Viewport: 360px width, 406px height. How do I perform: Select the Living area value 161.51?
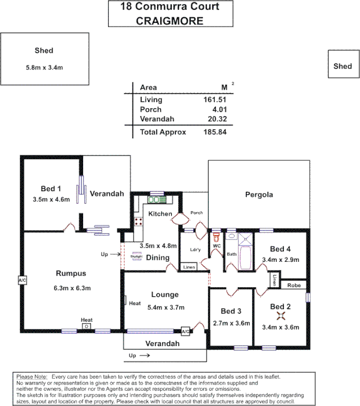tap(214, 100)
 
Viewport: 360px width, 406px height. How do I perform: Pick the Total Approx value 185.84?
tap(214, 132)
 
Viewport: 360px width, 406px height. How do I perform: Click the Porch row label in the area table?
tap(151, 110)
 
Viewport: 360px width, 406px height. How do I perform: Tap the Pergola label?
tap(259, 194)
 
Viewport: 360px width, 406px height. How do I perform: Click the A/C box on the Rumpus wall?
tap(22, 280)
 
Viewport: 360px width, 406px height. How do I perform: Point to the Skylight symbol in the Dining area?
tap(136, 257)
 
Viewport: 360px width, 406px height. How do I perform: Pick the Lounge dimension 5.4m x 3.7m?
tap(165, 307)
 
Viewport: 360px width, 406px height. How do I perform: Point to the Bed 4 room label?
tap(280, 249)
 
